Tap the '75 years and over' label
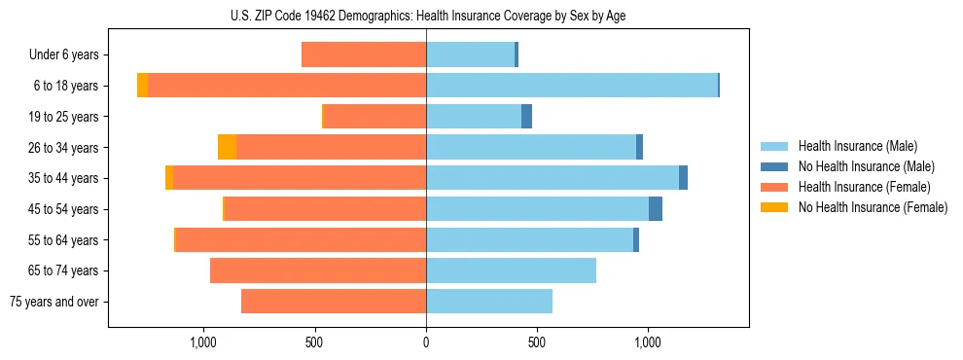click(x=55, y=302)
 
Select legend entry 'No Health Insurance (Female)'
click(x=873, y=207)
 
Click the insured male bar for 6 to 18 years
click(x=572, y=86)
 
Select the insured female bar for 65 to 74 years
click(x=318, y=270)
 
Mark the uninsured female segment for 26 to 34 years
click(x=228, y=147)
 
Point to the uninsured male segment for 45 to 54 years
click(x=656, y=209)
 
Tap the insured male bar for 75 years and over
click(x=489, y=302)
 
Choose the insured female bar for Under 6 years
click(x=364, y=54)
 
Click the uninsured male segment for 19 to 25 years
click(x=526, y=117)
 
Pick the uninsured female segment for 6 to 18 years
click(x=143, y=86)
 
